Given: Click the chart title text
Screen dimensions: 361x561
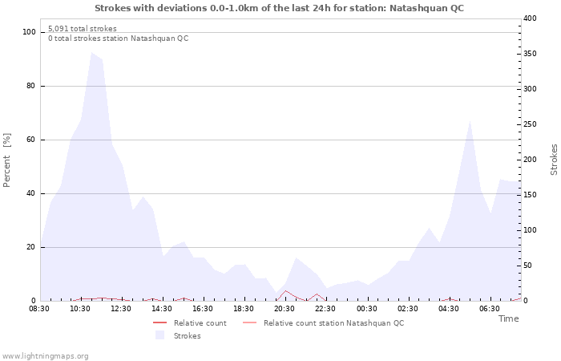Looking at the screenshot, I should click(x=279, y=8).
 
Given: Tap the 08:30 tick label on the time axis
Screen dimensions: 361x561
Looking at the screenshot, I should click(x=40, y=308).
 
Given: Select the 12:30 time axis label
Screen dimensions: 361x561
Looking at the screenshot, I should click(x=122, y=308).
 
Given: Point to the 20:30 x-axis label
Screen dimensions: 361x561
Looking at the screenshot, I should click(x=285, y=308).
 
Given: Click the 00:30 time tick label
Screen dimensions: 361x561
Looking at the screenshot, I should click(x=367, y=308).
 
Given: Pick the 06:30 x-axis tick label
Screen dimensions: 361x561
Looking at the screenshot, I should click(x=490, y=308).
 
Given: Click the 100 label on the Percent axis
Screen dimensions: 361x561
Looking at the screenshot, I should click(x=30, y=32).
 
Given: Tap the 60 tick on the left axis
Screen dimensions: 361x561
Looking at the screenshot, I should click(x=32, y=140).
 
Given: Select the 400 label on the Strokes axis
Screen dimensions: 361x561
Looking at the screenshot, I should click(x=530, y=18).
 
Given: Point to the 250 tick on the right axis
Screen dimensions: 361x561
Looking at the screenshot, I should click(x=530, y=124).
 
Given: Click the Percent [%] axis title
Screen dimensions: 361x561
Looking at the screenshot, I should click(x=7, y=160).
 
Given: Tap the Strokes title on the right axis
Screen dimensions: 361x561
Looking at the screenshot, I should click(x=554, y=160).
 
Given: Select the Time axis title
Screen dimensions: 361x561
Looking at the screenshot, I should click(x=508, y=318).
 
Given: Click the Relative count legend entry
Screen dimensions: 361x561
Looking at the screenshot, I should click(x=200, y=323).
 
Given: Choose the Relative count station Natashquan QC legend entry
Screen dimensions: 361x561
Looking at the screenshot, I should click(x=333, y=323).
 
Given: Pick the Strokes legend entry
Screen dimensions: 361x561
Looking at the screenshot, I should click(x=187, y=335).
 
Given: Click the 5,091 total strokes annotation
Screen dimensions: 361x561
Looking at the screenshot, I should click(x=82, y=29).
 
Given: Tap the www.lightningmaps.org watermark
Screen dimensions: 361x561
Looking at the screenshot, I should click(x=45, y=355).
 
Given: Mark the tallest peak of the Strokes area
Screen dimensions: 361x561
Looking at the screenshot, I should click(x=91, y=53).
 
